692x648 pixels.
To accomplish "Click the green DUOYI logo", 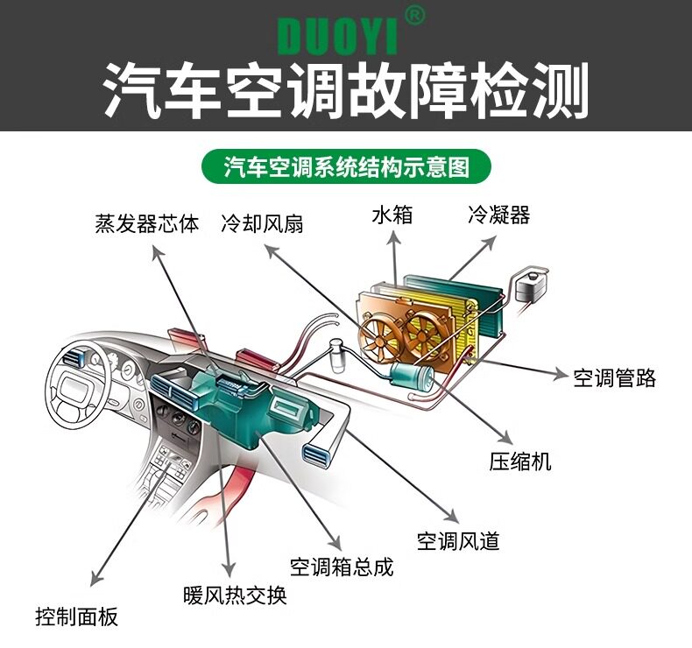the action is tap(338, 36).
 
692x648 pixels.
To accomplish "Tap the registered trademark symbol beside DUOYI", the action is tap(417, 16).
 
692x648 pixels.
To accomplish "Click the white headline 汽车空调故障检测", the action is tap(346, 89).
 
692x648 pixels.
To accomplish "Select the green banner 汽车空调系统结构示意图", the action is tap(346, 166).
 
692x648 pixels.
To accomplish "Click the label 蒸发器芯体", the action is tap(146, 223).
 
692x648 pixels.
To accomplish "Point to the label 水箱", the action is tap(392, 215).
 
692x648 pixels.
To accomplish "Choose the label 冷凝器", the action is tap(498, 215).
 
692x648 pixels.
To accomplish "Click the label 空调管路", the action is tap(614, 377).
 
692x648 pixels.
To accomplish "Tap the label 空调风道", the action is tap(458, 540).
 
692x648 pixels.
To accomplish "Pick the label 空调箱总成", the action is tap(342, 567).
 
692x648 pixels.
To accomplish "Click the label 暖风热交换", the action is tap(235, 595).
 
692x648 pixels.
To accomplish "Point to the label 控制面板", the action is tap(76, 616).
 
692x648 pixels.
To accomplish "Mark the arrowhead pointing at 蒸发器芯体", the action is tap(158, 251).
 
